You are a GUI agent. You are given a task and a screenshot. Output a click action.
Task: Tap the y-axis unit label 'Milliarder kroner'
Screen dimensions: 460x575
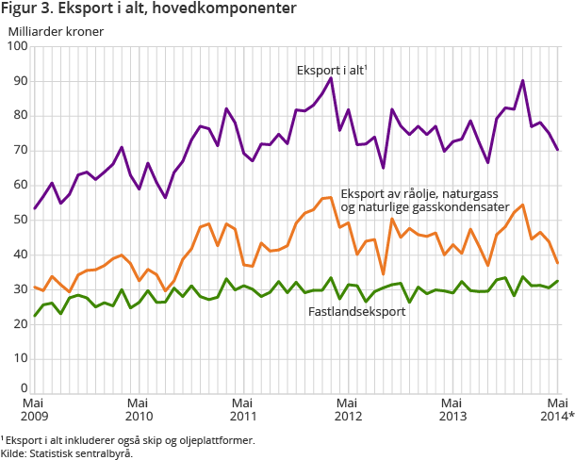(56, 30)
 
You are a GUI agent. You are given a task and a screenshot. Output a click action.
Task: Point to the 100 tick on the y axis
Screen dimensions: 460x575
(16, 46)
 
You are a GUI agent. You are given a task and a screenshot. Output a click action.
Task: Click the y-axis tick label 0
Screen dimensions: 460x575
(23, 387)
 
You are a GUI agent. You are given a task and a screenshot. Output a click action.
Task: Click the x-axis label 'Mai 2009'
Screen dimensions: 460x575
(34, 408)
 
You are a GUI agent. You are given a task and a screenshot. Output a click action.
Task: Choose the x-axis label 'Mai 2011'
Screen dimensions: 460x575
(243, 408)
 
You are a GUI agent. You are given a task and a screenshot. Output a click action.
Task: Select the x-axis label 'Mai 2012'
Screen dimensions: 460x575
(348, 408)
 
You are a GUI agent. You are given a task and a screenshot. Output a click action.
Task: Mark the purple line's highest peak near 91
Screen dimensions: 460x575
(331, 77)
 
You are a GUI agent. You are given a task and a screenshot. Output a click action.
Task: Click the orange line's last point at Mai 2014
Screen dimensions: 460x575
(557, 263)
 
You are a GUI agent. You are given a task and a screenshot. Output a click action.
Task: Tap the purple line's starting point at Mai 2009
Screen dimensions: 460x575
(35, 208)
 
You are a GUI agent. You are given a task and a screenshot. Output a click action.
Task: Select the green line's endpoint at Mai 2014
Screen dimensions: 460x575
(557, 281)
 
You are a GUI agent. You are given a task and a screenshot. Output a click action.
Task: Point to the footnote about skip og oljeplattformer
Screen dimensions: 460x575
(127, 439)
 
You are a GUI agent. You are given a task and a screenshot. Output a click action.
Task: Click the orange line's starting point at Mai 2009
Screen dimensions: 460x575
(35, 287)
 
